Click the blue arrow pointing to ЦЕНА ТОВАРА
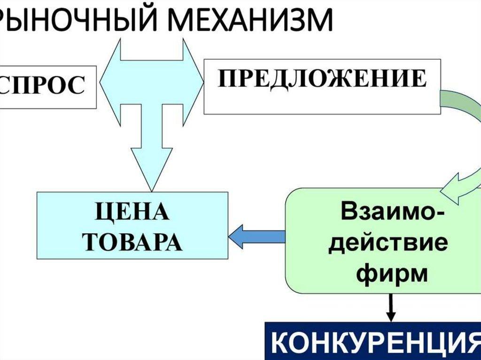[x=256, y=236]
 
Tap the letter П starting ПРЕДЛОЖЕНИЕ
[x=225, y=79]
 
